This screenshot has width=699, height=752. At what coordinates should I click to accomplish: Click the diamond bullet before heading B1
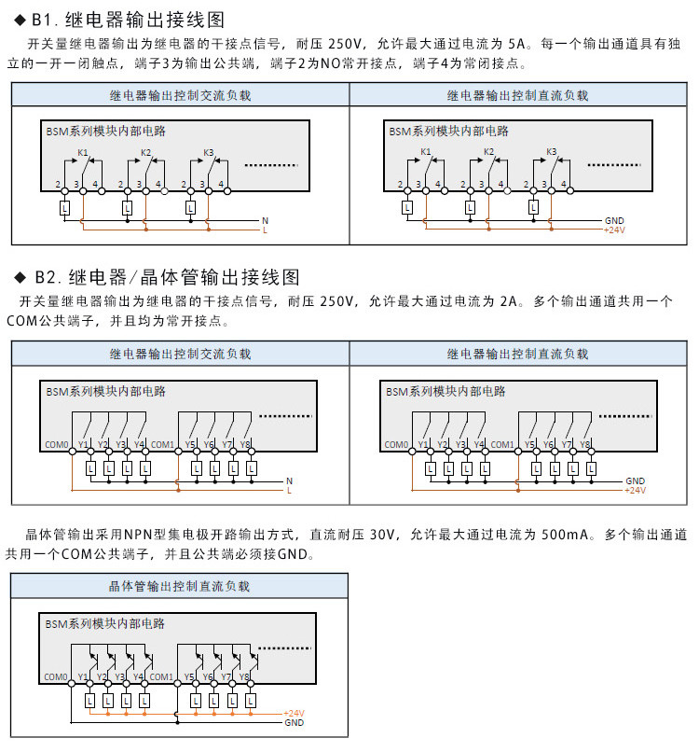pos(20,20)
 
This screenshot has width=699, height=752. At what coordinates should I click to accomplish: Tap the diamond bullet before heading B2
pos(21,277)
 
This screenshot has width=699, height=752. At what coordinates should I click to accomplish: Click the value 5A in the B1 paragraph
pos(517,44)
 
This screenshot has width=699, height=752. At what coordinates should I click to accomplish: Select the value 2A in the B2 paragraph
pos(508,301)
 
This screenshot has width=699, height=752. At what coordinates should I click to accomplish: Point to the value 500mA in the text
pos(565,535)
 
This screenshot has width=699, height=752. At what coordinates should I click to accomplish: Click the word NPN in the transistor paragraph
pos(138,535)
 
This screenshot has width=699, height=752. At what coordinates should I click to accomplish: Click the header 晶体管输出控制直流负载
pos(179,586)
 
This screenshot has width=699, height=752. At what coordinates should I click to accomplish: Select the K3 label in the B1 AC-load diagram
pos(209,152)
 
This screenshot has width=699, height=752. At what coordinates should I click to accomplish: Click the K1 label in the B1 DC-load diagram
pos(425,151)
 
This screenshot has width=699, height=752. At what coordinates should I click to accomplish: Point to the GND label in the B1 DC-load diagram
pos(614,220)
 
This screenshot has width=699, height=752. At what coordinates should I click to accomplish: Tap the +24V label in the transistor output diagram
pos(294,713)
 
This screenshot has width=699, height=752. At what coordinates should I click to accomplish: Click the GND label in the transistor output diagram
pos(294,723)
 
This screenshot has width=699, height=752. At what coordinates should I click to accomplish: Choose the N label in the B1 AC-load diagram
pos(265,221)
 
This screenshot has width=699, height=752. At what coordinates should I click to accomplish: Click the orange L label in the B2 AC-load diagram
pos(289,491)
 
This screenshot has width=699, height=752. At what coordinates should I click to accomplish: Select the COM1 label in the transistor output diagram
pos(161,677)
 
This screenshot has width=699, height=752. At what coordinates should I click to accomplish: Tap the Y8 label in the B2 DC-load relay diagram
pos(584,445)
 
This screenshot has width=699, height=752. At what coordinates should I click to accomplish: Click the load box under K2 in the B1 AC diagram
pos(128,208)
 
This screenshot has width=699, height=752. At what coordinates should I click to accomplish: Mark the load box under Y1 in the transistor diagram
pos(89,702)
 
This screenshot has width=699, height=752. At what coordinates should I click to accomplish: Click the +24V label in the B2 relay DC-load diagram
pos(636,490)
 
